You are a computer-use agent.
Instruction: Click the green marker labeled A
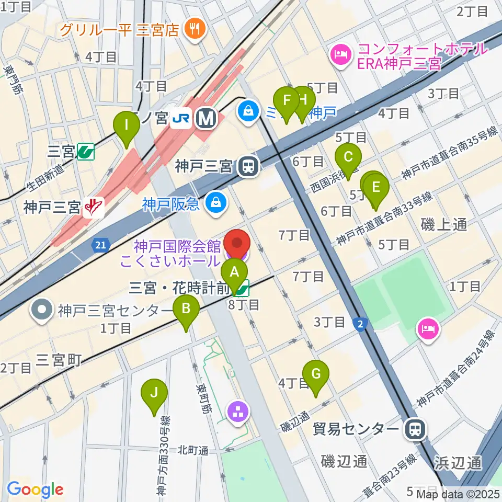[234, 272]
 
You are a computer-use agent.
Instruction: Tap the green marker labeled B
[186, 309]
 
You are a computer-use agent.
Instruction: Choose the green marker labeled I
[126, 125]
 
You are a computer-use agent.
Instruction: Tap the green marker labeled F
[286, 99]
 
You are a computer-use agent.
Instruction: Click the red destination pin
[237, 244]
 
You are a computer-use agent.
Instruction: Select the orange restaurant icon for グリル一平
[195, 28]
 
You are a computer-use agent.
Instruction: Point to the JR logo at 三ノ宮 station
[181, 119]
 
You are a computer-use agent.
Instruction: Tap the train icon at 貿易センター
[415, 430]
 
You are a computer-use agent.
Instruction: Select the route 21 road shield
[101, 244]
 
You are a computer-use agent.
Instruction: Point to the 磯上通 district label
[443, 224]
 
